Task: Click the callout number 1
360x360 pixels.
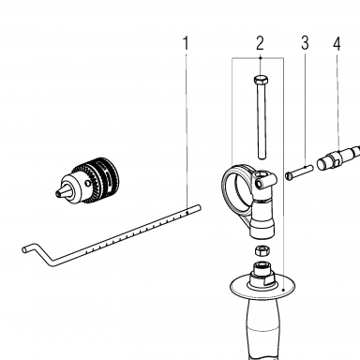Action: [186, 43]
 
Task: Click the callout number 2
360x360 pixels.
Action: [260, 43]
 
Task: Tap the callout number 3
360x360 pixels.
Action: [305, 43]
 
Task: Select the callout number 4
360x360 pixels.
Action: [337, 43]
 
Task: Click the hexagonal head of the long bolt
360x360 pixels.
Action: [261, 80]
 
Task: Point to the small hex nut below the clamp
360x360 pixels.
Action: [262, 250]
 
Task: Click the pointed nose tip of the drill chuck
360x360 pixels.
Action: [58, 194]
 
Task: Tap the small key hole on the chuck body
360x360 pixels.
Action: [90, 183]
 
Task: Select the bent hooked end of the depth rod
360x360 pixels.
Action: [35, 252]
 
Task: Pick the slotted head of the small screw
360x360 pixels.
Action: [288, 176]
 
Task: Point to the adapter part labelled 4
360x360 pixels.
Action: [338, 158]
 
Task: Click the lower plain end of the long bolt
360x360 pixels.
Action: [262, 156]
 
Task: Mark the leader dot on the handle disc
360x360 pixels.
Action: [283, 290]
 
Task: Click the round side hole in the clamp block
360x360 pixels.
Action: [259, 183]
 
